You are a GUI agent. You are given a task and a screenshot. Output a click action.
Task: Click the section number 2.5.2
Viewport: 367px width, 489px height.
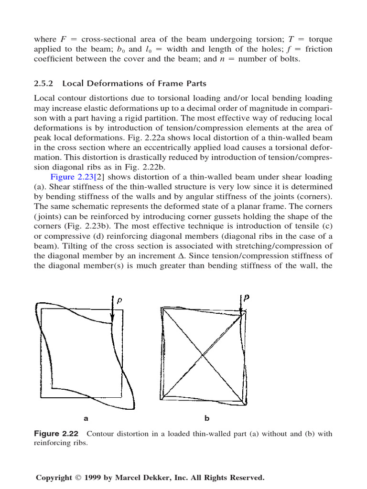click(x=44, y=84)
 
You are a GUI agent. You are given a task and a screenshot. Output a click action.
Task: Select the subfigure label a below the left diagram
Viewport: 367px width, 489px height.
click(x=86, y=418)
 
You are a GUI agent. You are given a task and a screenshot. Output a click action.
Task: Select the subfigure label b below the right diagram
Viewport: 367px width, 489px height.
click(x=207, y=418)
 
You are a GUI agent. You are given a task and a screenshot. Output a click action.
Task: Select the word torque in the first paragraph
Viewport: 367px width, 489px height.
click(x=320, y=39)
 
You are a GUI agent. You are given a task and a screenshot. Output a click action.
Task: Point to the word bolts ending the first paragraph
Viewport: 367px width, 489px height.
click(x=289, y=60)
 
